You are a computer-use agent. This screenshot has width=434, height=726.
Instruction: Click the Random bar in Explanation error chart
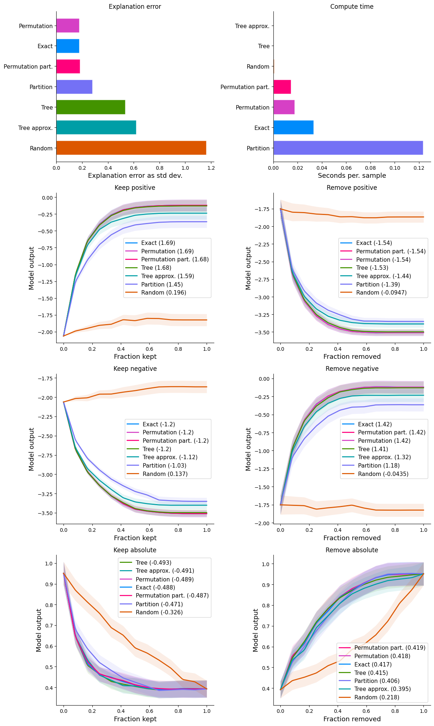pos(131,148)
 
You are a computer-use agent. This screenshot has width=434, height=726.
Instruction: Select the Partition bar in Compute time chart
pos(348,148)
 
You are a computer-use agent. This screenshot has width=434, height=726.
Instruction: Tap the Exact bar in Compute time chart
pos(293,127)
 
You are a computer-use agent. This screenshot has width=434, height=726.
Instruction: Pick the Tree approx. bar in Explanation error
pos(96,127)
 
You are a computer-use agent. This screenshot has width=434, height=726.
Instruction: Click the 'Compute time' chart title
pos(352,7)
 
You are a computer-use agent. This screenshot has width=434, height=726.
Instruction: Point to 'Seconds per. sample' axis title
pos(352,176)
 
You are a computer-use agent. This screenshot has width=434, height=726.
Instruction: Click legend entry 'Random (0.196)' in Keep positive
pos(164,293)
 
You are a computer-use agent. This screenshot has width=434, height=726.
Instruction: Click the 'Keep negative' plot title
pos(135,369)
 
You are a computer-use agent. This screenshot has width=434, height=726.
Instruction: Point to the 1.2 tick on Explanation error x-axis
pos(211,168)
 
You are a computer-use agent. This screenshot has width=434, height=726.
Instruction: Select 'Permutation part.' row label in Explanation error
pos(28,66)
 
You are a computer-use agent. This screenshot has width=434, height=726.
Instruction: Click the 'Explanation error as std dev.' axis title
pos(135,176)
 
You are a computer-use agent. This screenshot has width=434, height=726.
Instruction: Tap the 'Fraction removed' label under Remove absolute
pos(352,719)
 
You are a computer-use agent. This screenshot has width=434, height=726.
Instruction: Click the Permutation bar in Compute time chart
pos(284,107)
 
